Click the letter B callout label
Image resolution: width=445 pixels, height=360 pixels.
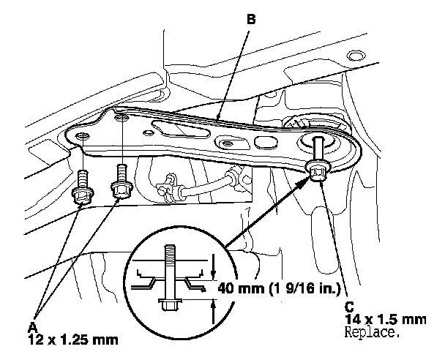click(252, 20)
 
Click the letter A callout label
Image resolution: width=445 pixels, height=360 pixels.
click(33, 327)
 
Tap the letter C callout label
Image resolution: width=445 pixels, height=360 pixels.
click(349, 307)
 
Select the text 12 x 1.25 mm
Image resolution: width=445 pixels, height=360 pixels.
click(73, 340)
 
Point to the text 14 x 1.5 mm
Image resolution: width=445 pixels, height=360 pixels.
click(386, 320)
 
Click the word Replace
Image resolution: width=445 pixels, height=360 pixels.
click(372, 332)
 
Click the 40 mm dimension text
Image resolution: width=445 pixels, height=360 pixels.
click(279, 288)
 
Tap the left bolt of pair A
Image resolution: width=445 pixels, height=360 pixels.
click(82, 188)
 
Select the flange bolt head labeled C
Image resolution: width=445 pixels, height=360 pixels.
click(318, 171)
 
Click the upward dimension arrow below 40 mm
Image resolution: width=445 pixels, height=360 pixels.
click(214, 312)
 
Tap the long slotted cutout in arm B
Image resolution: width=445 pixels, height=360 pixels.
click(181, 130)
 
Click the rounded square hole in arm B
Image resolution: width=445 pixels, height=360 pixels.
click(266, 142)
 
